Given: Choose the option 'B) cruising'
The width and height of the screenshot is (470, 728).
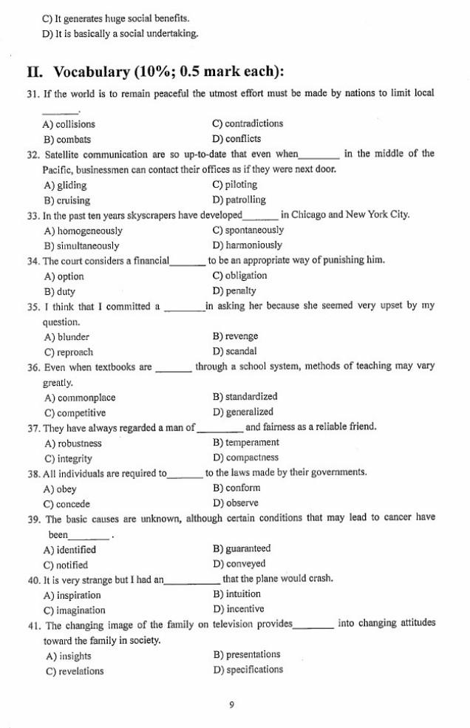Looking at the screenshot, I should click(67, 200).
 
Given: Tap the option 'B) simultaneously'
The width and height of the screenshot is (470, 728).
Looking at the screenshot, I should click(81, 245).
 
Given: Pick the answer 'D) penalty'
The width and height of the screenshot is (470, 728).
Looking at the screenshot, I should click(234, 290).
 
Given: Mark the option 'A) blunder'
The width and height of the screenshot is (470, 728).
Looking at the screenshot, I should click(67, 337).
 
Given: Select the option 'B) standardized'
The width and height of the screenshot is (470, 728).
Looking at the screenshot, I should click(245, 397).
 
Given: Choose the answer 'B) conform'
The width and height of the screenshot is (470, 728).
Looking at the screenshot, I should click(236, 488).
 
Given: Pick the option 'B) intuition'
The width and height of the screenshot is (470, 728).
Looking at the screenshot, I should click(236, 593).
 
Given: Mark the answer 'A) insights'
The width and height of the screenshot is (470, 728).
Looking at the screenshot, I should click(68, 656).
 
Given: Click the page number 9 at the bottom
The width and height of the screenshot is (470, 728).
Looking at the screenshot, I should click(231, 705).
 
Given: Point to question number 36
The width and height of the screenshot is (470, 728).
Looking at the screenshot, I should click(33, 367).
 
